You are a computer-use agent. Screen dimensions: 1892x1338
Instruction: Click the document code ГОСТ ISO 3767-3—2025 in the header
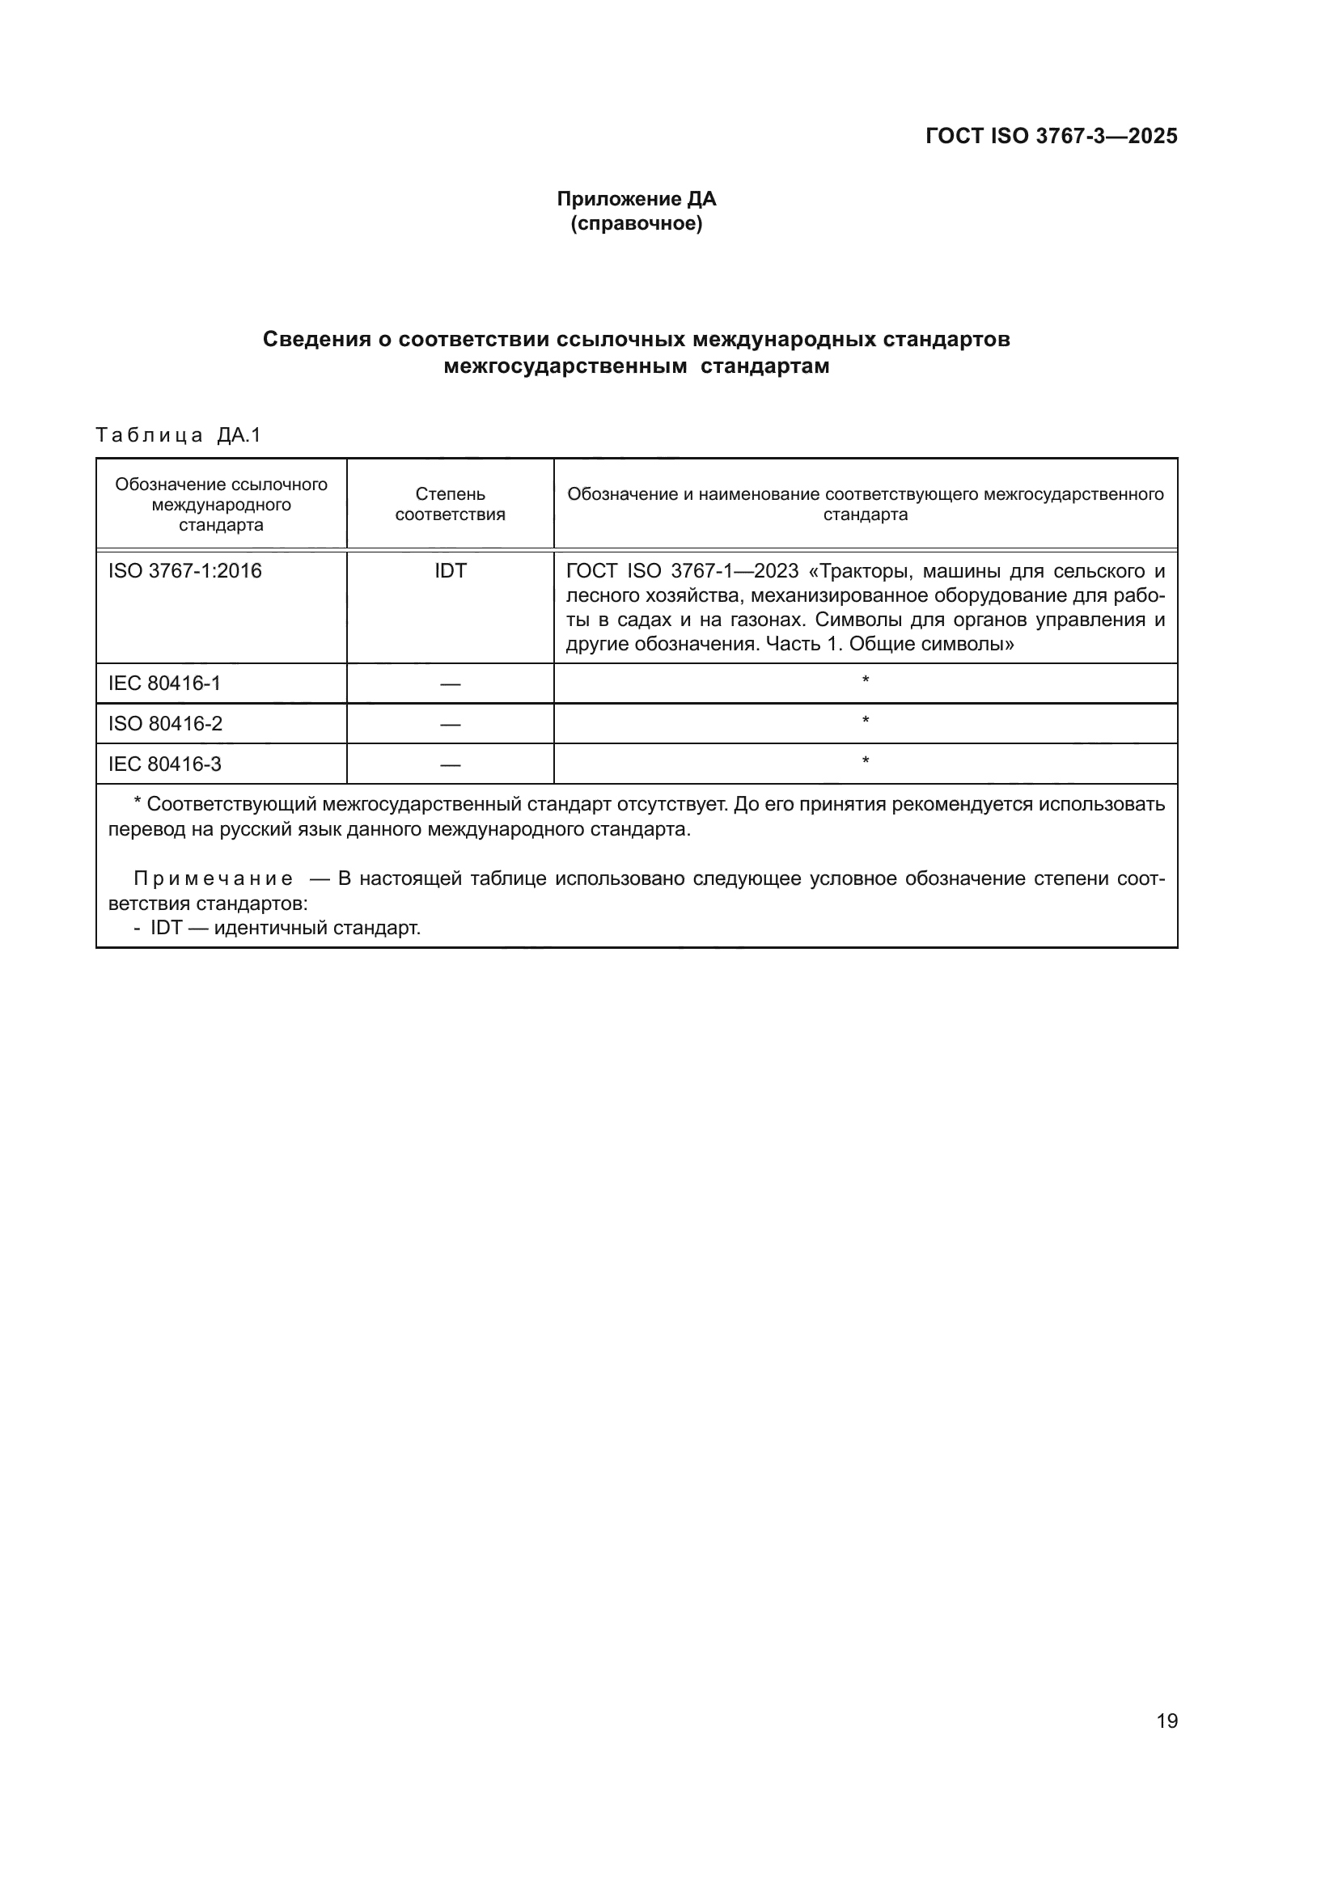[x=1051, y=136]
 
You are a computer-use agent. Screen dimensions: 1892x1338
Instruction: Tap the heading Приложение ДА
[x=636, y=199]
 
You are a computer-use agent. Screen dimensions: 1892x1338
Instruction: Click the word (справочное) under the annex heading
[x=636, y=224]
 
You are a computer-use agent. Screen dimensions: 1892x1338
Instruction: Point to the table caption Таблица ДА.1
[x=178, y=435]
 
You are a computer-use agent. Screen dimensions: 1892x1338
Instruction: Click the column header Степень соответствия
[x=450, y=504]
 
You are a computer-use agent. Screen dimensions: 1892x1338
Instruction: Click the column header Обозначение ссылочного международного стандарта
[x=221, y=504]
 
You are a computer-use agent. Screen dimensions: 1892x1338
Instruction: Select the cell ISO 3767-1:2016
[x=184, y=571]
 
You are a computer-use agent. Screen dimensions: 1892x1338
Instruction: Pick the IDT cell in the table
[x=450, y=571]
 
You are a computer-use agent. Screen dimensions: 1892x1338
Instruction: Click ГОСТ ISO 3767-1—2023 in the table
[x=682, y=571]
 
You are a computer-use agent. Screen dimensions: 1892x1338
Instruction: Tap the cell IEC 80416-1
[x=164, y=684]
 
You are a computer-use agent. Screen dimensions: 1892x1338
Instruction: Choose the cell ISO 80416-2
[x=165, y=723]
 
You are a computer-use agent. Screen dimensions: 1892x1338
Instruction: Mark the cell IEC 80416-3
[x=164, y=764]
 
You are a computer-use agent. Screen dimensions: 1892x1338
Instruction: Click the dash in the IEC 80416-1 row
[x=450, y=684]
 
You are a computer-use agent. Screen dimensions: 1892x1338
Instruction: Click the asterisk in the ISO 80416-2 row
[x=865, y=722]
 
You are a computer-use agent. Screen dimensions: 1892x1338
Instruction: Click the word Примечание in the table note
[x=213, y=878]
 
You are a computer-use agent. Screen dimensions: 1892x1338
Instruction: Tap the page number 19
[x=1167, y=1721]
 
